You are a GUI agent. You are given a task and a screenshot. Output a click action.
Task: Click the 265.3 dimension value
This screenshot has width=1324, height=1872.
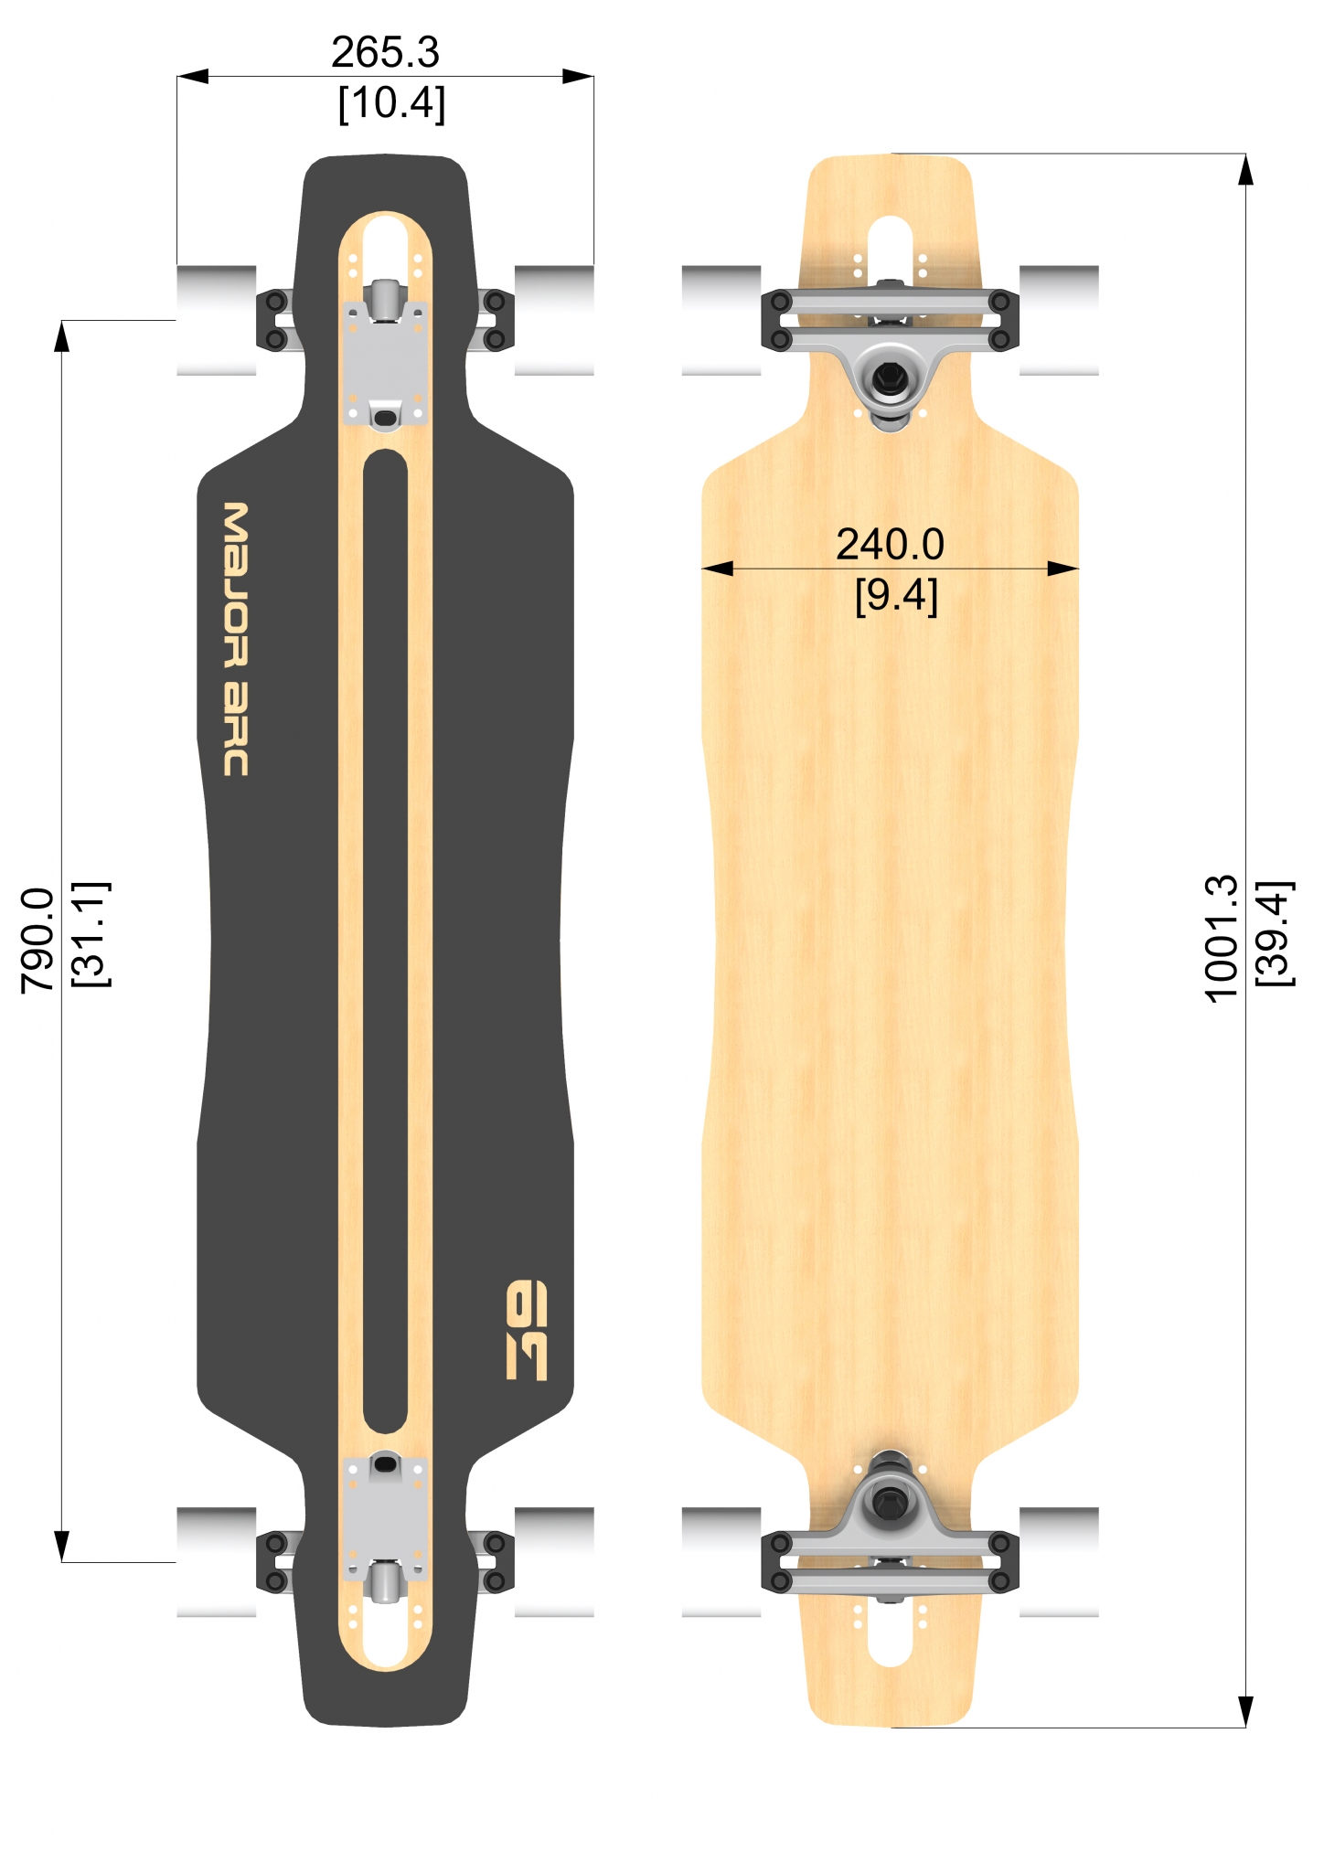pos(385,53)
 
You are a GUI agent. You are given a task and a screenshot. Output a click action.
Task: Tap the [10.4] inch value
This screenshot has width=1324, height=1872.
pos(391,103)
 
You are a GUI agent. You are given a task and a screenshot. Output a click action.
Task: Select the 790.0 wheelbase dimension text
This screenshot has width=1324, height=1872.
pos(38,940)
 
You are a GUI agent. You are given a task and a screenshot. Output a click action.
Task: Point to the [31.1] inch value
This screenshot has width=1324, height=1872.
pos(90,934)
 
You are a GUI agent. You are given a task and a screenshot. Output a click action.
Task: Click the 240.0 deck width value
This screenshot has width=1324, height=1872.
pos(890,545)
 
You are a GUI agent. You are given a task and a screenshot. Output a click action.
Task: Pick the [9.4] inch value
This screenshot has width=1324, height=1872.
pos(896,596)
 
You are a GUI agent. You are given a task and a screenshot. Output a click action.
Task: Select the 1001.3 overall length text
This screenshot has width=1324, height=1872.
pos(1222,939)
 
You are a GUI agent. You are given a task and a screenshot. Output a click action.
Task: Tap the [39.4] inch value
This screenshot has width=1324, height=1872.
pos(1274,933)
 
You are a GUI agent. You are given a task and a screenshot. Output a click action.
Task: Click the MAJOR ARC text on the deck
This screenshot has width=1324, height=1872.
pos(236,639)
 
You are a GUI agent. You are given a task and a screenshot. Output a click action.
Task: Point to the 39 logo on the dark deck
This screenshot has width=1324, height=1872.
pos(527,1330)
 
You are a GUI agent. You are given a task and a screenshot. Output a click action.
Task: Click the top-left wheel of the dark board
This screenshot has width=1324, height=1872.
pos(217,320)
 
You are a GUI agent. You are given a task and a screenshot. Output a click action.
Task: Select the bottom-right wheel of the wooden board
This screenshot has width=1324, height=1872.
pos(1059,1561)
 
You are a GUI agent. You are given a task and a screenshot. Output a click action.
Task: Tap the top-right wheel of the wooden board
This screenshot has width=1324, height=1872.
pos(1059,320)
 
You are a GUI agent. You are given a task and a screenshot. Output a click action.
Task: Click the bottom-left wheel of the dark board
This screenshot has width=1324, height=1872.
pos(217,1561)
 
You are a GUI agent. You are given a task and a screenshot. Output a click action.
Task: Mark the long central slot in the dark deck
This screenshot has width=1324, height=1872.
pos(385,941)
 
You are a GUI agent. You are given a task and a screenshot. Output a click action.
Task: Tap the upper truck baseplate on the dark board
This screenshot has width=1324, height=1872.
pos(385,364)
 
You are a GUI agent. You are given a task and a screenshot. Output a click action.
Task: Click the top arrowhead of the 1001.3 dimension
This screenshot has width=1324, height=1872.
pos(1245,169)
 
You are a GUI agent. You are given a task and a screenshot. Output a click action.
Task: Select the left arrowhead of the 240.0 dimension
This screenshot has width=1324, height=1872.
pos(718,569)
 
